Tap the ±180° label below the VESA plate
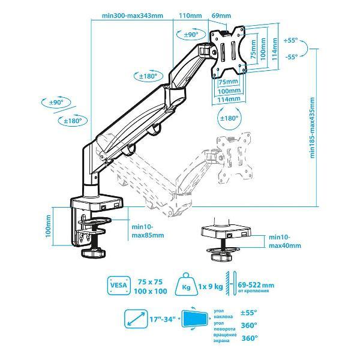[230, 118]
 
